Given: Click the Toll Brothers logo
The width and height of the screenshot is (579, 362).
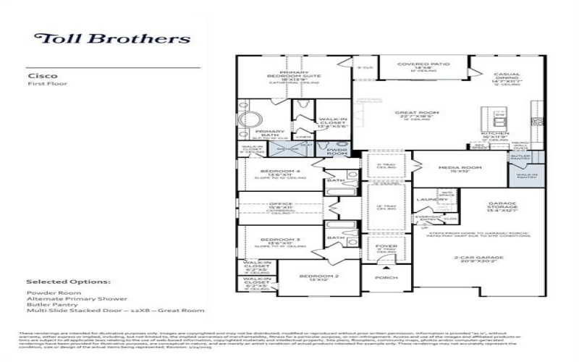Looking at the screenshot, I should click(x=113, y=39).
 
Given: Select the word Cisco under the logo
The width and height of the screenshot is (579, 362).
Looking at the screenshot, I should click(x=38, y=75).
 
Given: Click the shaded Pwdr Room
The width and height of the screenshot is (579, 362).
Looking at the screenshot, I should click(x=337, y=151).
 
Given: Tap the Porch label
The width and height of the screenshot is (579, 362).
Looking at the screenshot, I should click(x=380, y=278).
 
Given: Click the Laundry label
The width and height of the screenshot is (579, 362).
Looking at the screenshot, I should click(x=428, y=199).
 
